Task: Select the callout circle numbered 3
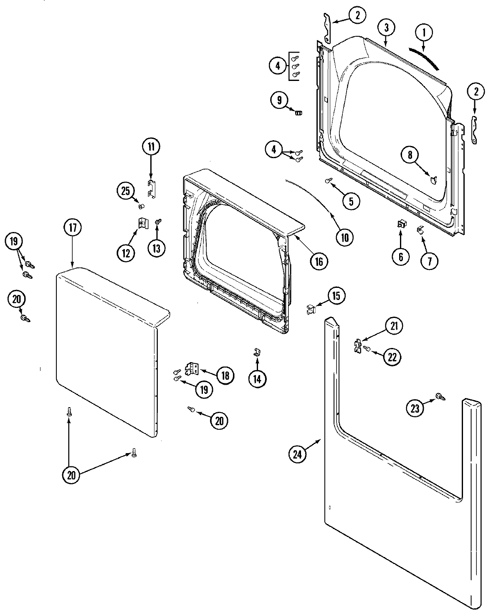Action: tap(386, 28)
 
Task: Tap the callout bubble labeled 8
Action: tap(410, 155)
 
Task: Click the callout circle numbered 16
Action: tap(319, 261)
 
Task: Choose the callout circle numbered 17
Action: tap(73, 228)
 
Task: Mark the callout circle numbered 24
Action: tap(297, 455)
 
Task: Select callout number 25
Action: tap(125, 192)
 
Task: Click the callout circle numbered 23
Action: tap(415, 408)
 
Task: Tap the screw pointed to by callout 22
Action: tap(366, 348)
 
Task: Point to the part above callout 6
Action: tap(401, 225)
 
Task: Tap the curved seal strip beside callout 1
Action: tap(425, 58)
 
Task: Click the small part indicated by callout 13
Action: tap(158, 222)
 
